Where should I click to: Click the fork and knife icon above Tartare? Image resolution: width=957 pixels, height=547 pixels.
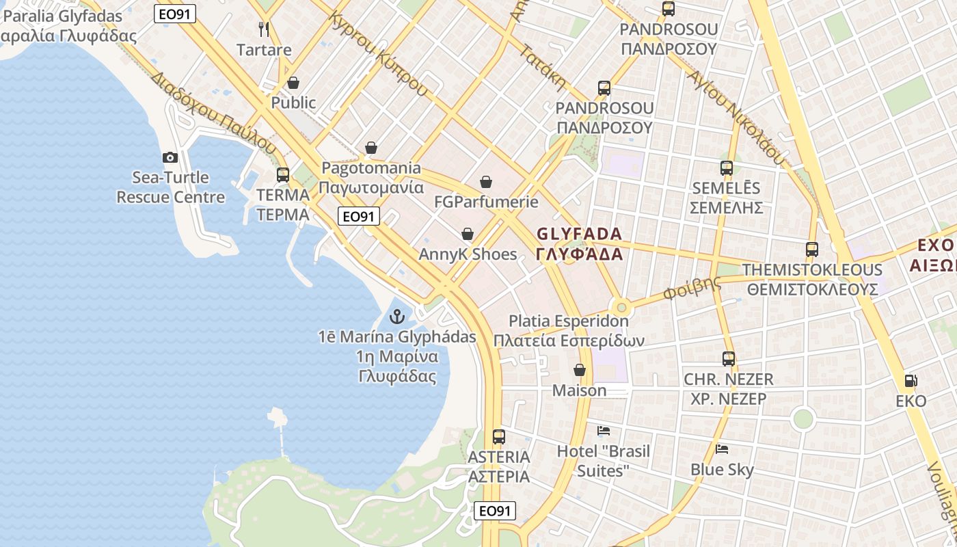pos(264,29)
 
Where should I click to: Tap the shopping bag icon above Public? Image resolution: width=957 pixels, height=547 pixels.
pos(293,83)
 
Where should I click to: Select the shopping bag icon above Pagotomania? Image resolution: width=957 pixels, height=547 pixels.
pos(371,148)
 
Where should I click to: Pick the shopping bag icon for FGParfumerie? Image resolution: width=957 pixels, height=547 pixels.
pos(486,182)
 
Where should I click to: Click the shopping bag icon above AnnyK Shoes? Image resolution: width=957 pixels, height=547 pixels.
pos(468,235)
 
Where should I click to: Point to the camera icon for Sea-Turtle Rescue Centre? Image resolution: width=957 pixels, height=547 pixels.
pos(170,158)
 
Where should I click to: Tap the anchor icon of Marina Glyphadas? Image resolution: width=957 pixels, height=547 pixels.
pos(396,317)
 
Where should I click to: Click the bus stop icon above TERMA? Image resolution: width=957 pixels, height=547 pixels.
pos(283,175)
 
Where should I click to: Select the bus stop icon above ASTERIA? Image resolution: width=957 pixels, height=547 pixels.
pos(499,437)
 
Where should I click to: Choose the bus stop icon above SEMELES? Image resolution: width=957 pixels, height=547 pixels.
pos(726,168)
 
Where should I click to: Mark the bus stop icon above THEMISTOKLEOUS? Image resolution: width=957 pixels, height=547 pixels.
pos(812,250)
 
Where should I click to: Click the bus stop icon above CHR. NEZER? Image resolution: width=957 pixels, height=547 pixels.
pos(729,359)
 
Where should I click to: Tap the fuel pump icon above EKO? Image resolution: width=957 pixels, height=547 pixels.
pos(911,381)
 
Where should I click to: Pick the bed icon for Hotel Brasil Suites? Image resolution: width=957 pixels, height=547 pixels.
pos(604,431)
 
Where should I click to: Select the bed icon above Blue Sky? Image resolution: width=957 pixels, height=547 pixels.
pos(722,449)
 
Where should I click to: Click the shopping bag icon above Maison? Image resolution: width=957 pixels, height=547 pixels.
pos(580,371)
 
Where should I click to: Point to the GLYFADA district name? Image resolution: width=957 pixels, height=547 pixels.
pos(580,244)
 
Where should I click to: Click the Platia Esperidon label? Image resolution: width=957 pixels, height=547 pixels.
pos(569,330)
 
